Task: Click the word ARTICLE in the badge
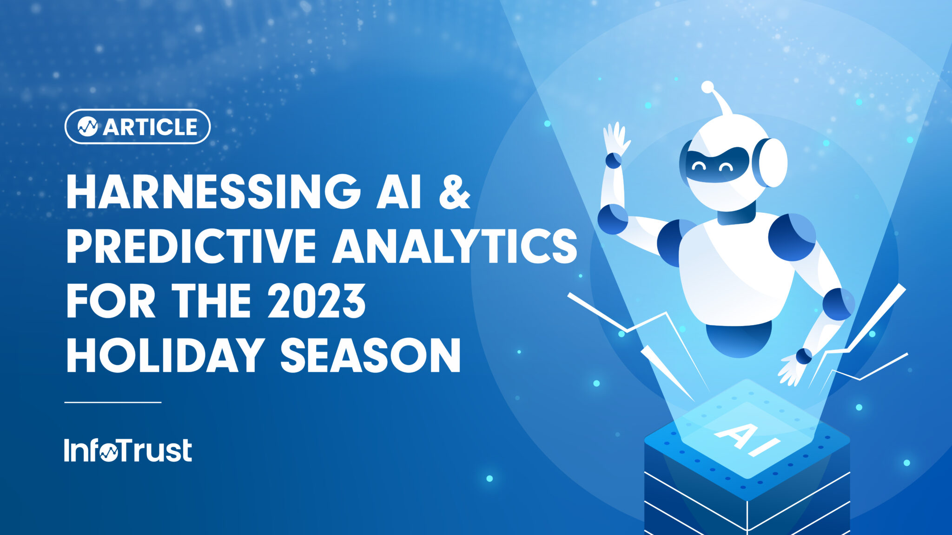tap(150, 127)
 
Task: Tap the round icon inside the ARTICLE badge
tap(87, 126)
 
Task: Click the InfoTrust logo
tap(128, 450)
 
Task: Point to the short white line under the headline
tap(113, 402)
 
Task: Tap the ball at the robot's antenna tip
tap(707, 87)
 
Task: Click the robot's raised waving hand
tap(615, 137)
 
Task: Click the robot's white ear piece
tap(772, 163)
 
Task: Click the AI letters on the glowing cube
tap(748, 439)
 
